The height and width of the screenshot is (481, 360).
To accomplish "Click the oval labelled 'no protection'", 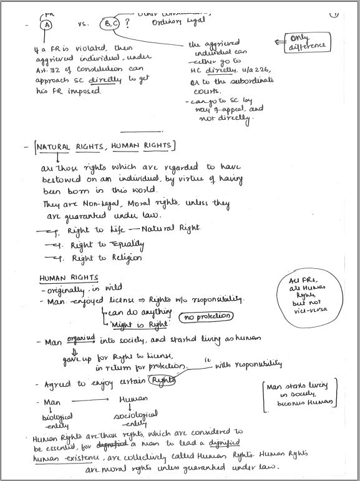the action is pos(207,317).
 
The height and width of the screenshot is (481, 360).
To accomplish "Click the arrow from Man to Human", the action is pos(91,399).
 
